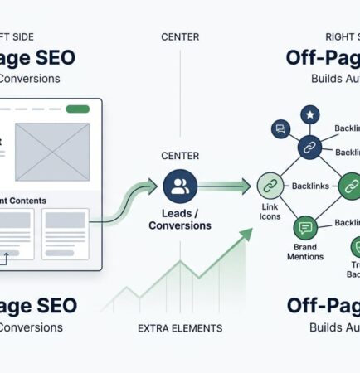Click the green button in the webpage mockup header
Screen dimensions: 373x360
77,109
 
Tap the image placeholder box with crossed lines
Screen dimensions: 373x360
52,152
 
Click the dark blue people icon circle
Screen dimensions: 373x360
180,186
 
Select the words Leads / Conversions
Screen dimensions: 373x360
180,219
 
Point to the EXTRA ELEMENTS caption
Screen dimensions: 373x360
179,328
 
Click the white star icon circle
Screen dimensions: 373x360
309,114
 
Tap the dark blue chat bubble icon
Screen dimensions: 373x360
280,129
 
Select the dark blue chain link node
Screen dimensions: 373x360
309,149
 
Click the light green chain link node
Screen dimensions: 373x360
270,186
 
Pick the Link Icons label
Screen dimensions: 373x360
270,211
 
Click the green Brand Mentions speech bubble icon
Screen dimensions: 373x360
305,226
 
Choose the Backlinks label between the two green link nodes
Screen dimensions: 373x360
311,186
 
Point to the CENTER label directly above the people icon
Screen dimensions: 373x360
179,156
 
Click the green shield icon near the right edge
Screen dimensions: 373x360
355,246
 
